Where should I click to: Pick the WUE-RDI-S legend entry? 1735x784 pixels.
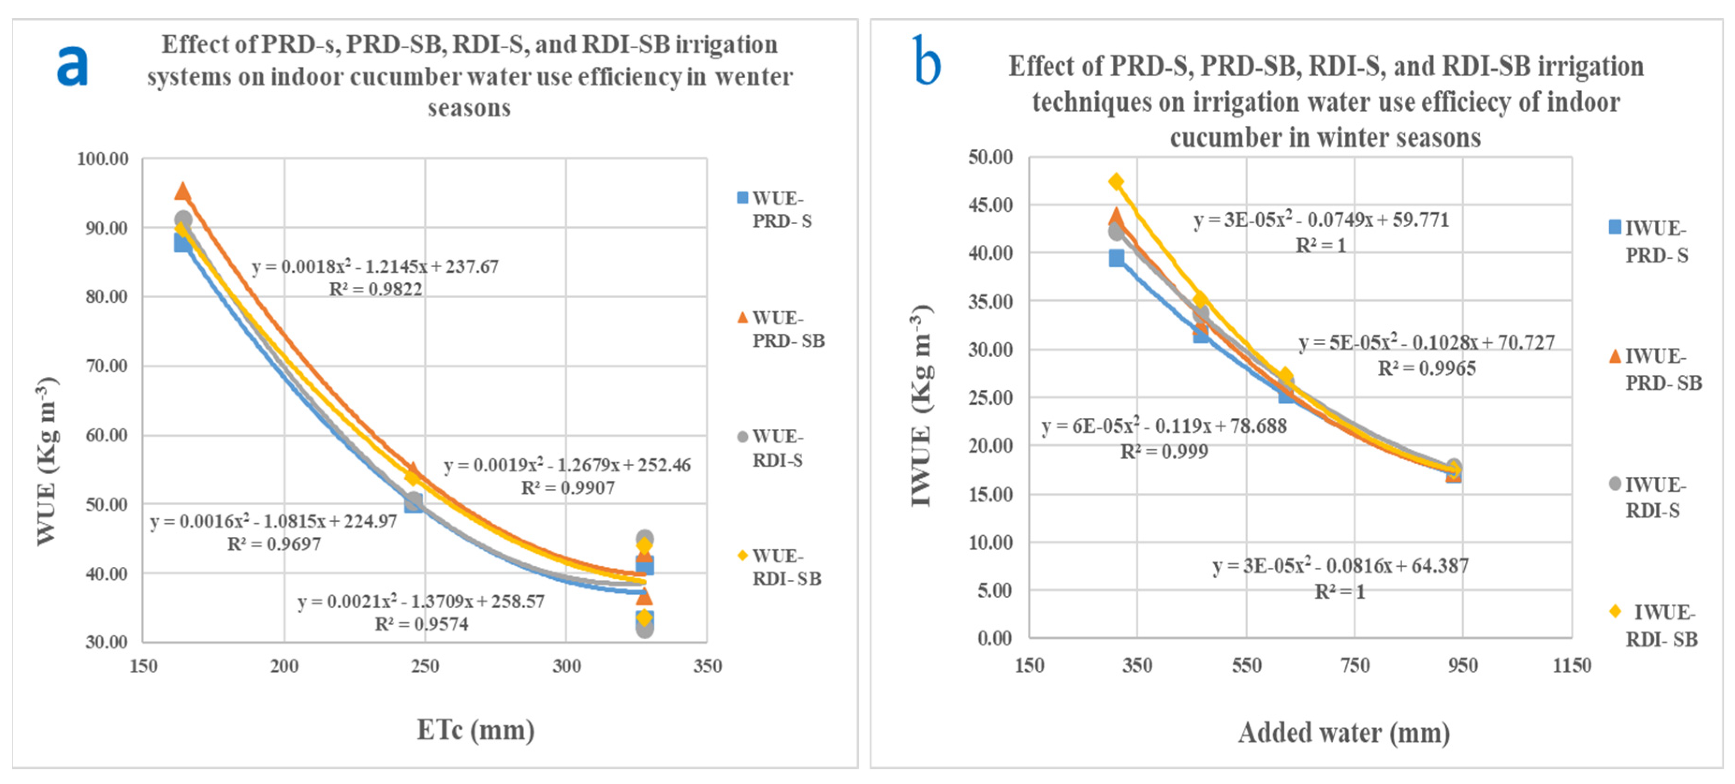pos(777,448)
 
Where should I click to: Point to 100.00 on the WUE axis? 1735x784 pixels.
pos(102,159)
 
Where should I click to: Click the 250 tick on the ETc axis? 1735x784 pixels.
pos(425,666)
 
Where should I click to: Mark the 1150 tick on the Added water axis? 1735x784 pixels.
pos(1571,666)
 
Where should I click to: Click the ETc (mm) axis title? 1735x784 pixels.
pos(476,729)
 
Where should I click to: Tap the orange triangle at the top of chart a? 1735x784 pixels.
pos(183,191)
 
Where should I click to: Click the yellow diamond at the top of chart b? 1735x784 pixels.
pos(1116,181)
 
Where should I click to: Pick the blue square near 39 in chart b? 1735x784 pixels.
pos(1117,258)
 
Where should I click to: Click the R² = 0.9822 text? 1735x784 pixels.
pos(375,290)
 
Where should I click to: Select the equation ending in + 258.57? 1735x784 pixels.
pos(421,601)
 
